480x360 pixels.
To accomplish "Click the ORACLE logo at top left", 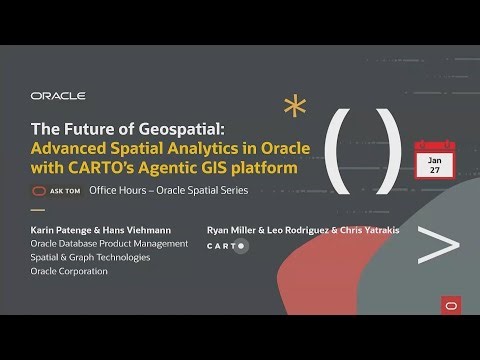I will pos(58,96).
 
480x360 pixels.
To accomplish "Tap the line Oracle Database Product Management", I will pos(109,242).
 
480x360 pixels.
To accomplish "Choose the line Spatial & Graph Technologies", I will pos(90,257).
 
